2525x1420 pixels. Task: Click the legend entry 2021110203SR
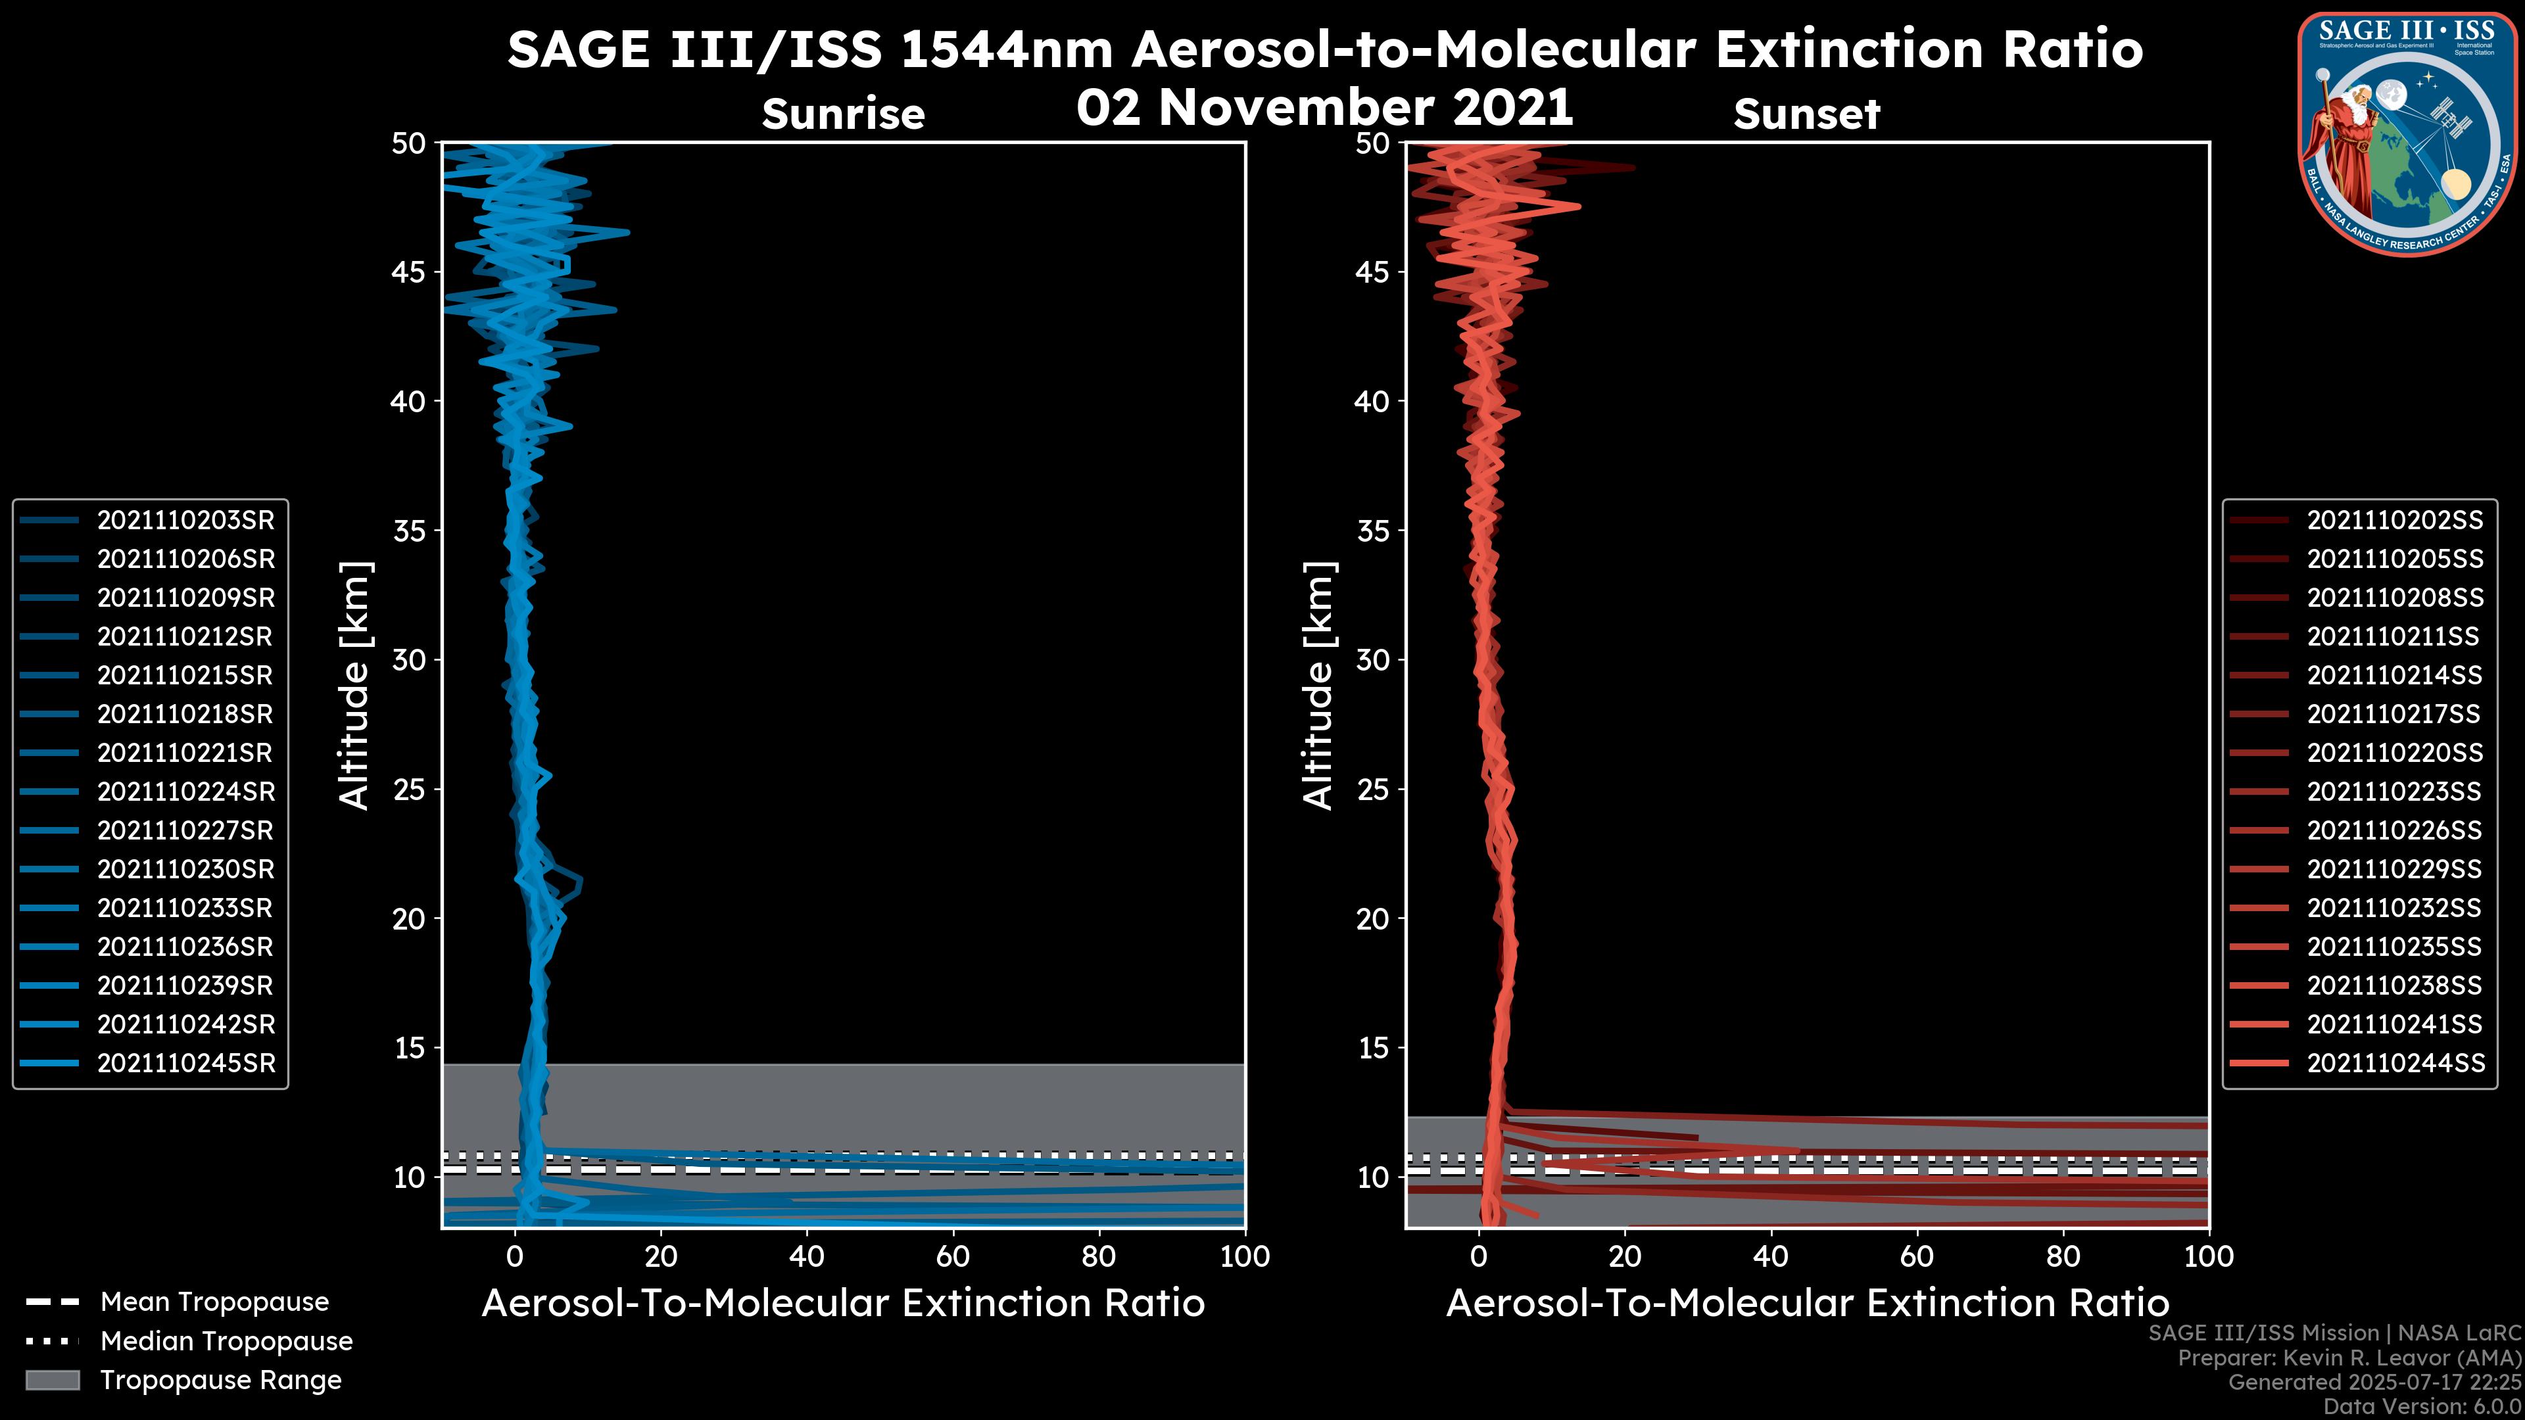(185, 521)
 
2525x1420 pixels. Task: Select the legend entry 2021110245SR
(185, 1063)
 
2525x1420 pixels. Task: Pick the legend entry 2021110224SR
(185, 792)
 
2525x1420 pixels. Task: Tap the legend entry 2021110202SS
(2395, 521)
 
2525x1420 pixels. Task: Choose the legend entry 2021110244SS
(2395, 1063)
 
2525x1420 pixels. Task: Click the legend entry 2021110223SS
(2395, 792)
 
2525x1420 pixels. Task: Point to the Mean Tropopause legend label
(214, 1302)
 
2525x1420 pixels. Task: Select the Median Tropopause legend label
(226, 1342)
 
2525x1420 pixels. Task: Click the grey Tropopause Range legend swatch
(53, 1380)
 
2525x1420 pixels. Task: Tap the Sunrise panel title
(843, 114)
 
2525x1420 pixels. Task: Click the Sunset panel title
(1806, 114)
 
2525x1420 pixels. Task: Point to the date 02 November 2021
(1324, 106)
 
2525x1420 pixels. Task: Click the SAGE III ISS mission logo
(2407, 134)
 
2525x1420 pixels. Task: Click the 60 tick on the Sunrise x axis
(953, 1256)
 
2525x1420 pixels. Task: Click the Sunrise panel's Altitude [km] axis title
(355, 686)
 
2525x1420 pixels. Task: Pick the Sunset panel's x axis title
(1806, 1304)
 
